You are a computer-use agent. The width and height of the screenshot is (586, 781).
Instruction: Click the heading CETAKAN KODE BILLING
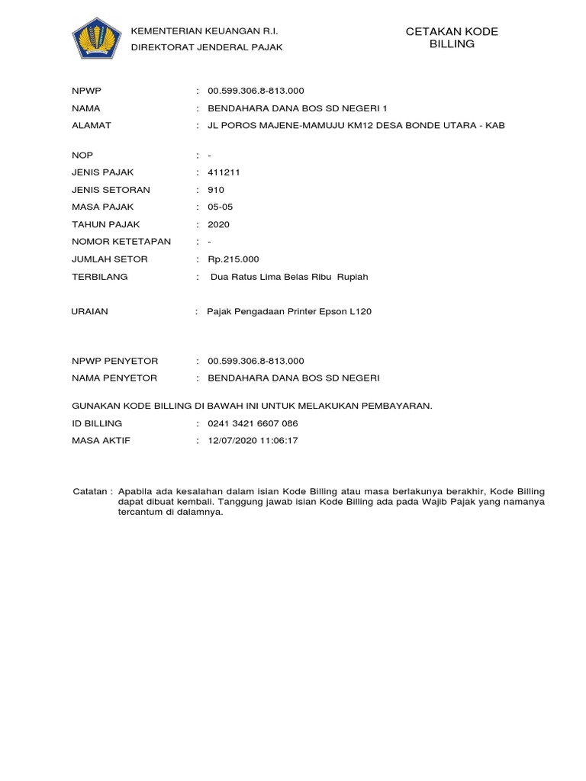452,37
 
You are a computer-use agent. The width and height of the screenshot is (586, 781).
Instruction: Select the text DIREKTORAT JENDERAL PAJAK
207,47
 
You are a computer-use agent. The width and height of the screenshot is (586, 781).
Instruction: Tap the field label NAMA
86,108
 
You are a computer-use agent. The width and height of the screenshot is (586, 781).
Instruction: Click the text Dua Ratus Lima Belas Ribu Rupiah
288,277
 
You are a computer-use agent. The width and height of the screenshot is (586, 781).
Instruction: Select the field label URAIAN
89,311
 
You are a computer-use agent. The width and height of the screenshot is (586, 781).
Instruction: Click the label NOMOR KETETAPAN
121,242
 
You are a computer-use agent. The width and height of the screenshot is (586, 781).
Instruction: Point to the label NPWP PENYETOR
114,361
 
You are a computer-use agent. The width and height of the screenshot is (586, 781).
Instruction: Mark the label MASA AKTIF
101,441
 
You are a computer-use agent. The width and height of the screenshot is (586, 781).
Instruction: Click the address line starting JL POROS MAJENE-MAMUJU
356,126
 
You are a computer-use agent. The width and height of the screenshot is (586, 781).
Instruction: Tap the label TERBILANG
99,277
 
